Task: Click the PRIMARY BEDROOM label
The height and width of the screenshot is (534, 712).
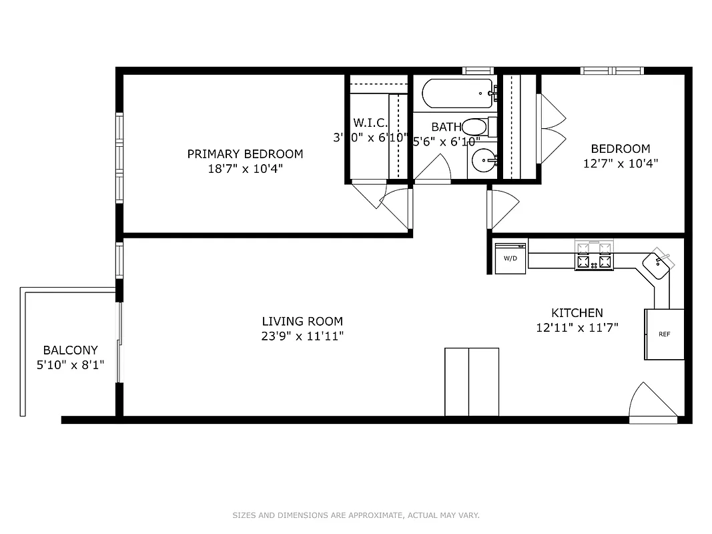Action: [x=244, y=154]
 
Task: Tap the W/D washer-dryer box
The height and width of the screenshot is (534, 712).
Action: [x=510, y=258]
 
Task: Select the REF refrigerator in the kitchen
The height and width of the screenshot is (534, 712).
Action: [x=664, y=334]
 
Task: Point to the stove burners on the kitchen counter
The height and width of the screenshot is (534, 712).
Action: [x=593, y=256]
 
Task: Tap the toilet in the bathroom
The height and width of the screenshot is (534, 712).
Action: [x=476, y=126]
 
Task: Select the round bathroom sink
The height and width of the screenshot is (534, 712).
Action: [x=484, y=160]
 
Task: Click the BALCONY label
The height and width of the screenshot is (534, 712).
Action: [x=71, y=350]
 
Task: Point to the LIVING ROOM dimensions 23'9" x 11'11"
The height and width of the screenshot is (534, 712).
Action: [x=302, y=336]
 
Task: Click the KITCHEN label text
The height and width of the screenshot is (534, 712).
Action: [x=577, y=312]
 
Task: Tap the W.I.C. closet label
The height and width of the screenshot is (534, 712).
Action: [x=366, y=123]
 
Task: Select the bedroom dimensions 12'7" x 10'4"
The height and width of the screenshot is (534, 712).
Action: [x=621, y=163]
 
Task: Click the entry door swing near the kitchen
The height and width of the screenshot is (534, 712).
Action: [x=651, y=403]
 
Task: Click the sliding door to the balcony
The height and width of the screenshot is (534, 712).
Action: [x=120, y=344]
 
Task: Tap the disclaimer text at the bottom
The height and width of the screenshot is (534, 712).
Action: [x=356, y=515]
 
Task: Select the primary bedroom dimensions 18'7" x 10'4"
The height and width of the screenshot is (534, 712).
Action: [x=244, y=169]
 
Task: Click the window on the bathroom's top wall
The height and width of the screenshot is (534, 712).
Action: [x=478, y=70]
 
